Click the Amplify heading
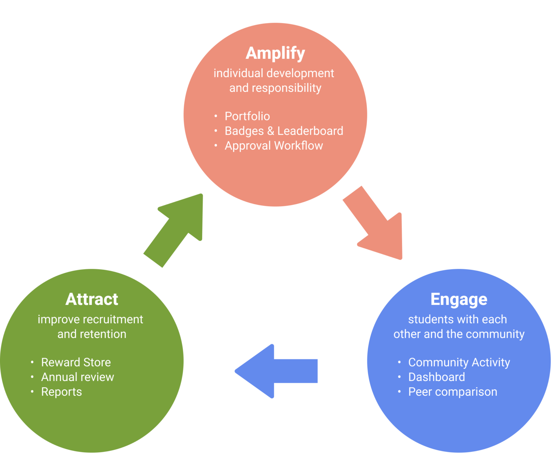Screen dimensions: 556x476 pyautogui.click(x=275, y=54)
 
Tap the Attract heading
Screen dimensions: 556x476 pyautogui.click(x=92, y=299)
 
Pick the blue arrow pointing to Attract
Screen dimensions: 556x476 pyautogui.click(x=276, y=371)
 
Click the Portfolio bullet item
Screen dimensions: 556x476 pyautogui.click(x=247, y=116)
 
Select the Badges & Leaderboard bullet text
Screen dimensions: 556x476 pyautogui.click(x=284, y=131)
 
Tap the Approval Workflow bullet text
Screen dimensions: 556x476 pyautogui.click(x=274, y=146)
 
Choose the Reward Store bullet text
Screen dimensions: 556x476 pyautogui.click(x=76, y=362)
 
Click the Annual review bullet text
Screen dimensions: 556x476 pyautogui.click(x=77, y=377)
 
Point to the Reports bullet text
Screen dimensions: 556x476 pyautogui.click(x=62, y=392)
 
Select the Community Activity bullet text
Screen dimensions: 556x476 pyautogui.click(x=459, y=363)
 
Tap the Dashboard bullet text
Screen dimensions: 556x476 pyautogui.click(x=436, y=377)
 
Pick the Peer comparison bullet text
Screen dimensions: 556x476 pyautogui.click(x=453, y=392)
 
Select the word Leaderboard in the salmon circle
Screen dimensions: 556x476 pyautogui.click(x=310, y=131)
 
